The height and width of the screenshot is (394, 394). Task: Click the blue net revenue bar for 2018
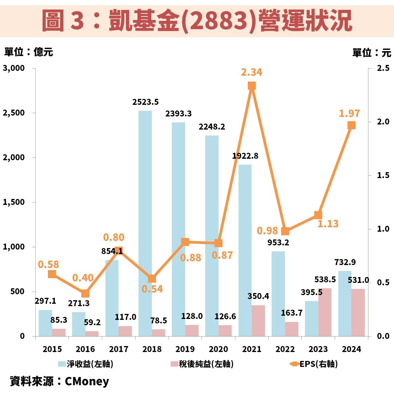coord(145,223)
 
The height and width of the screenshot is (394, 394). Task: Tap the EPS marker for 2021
coord(252,86)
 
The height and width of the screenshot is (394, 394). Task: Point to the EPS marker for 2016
coord(85,293)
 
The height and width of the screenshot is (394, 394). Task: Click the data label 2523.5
coord(145,102)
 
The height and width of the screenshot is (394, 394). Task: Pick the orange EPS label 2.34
coord(252,72)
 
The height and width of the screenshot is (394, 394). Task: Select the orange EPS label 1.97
coord(349,113)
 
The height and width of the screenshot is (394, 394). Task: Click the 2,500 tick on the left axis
coord(14,113)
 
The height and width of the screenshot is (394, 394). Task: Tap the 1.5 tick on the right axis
coord(383,175)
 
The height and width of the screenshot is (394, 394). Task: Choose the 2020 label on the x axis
coord(218,349)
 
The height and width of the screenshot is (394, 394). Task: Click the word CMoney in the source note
coord(87,381)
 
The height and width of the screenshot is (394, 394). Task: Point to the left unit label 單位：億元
coord(29,52)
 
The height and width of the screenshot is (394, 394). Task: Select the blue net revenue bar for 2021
coord(245,250)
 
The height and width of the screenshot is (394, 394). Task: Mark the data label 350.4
coord(258,296)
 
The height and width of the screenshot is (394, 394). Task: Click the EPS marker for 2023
coord(318,215)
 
